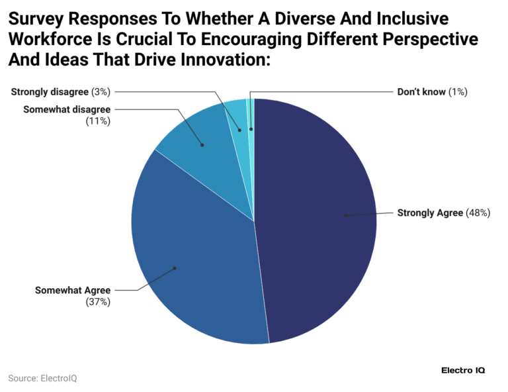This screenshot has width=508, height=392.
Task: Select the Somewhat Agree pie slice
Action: click(x=192, y=265)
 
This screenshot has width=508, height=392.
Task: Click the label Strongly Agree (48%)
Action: click(x=443, y=213)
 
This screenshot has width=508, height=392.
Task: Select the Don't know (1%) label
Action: click(x=432, y=92)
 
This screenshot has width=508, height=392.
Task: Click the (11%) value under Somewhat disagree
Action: click(x=97, y=121)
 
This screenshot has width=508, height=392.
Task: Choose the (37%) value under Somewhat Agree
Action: click(x=97, y=301)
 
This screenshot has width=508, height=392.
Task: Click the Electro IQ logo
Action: click(x=462, y=370)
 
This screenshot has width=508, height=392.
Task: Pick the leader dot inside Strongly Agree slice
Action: click(x=345, y=215)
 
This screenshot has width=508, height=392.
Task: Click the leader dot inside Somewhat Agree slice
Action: click(x=175, y=268)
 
